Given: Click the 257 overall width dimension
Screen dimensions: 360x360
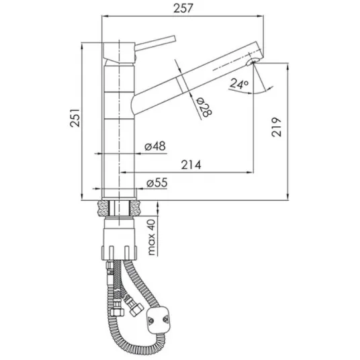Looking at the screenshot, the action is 183,9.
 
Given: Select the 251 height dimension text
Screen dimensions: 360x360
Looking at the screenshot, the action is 75,118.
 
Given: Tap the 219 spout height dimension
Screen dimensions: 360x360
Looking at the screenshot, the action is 276,127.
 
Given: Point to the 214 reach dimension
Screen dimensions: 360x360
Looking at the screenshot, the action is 191,165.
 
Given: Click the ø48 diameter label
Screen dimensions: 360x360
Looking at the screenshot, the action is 155,146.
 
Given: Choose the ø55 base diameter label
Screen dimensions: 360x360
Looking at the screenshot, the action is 157,183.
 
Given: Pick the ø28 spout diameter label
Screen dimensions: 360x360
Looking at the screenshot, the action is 204,107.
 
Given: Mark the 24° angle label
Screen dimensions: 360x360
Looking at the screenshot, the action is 239,83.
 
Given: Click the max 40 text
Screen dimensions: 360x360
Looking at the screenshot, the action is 152,237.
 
